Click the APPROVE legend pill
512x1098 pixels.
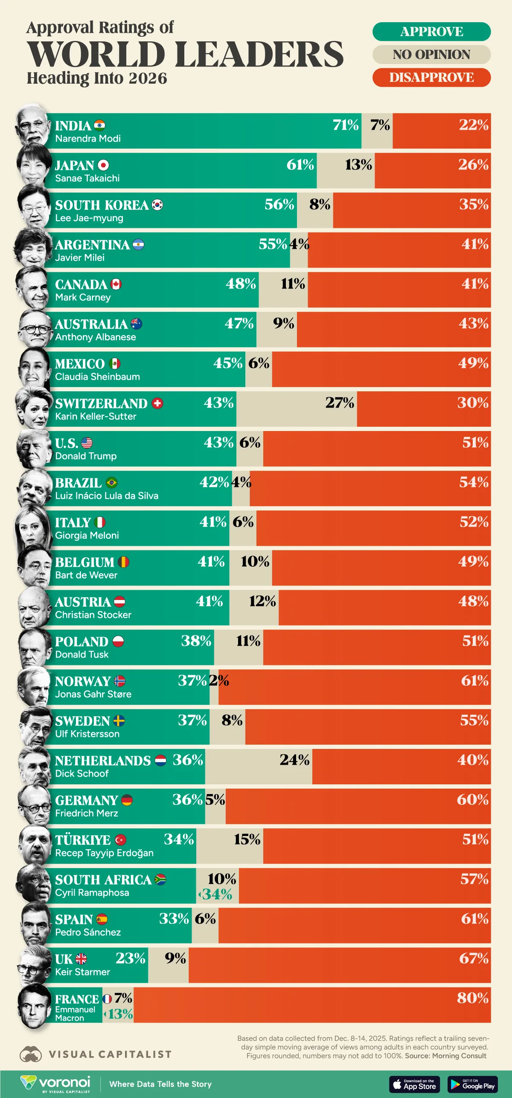coord(431,32)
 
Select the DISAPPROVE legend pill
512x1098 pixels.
coord(431,77)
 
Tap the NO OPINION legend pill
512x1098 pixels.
coord(431,55)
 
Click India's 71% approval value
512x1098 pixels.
coord(346,125)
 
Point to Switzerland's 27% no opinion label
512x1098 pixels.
coord(340,402)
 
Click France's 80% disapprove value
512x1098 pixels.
coord(472,998)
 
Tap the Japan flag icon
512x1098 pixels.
coord(103,165)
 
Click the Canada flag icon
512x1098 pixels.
coord(116,284)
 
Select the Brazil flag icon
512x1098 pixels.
coord(111,483)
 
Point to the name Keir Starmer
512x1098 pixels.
coord(82,972)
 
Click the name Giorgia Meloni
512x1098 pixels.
coord(87,535)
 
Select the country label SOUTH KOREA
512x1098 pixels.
coord(102,205)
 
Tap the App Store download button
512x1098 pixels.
coord(414,1084)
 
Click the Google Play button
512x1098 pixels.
coord(472,1084)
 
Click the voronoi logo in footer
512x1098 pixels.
coord(55,1084)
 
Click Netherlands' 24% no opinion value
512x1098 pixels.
coord(294,760)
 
